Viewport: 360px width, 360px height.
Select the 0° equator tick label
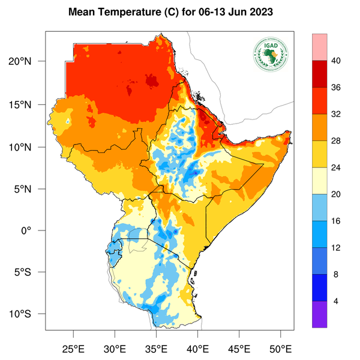click(35, 230)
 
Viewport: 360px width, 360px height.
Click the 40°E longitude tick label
click(198, 347)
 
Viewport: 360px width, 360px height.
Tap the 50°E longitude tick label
click(281, 347)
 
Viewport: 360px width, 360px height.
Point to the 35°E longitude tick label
click(157, 347)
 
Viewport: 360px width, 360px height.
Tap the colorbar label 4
click(337, 301)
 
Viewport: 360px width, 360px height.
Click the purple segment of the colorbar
click(319, 314)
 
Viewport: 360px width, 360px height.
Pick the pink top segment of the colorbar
click(319, 47)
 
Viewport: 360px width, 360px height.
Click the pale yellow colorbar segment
click(319, 181)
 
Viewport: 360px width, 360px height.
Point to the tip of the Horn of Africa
click(291, 131)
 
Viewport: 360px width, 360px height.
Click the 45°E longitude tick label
click(239, 347)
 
